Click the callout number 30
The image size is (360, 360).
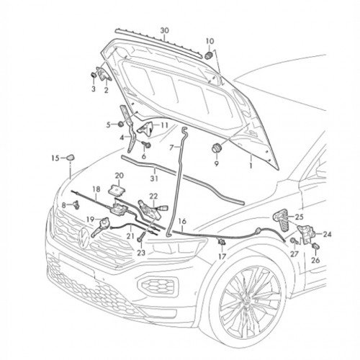click(x=164, y=31)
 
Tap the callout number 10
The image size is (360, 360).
click(x=210, y=41)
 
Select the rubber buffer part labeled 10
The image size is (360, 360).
click(x=209, y=55)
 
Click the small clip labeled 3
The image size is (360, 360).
click(x=94, y=74)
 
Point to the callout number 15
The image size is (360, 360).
click(x=55, y=158)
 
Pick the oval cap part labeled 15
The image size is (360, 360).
click(x=71, y=158)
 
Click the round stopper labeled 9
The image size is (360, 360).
click(x=217, y=148)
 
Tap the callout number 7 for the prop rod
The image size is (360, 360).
click(x=171, y=148)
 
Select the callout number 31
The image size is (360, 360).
click(x=154, y=179)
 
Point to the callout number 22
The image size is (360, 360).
click(x=153, y=196)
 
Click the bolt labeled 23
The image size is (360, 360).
click(x=140, y=239)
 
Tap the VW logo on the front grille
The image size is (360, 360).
click(x=84, y=237)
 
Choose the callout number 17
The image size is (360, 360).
click(x=222, y=256)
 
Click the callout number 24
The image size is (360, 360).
click(x=327, y=234)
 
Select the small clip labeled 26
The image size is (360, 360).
click(x=315, y=246)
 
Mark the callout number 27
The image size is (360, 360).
click(x=294, y=253)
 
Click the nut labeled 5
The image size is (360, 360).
click(x=121, y=124)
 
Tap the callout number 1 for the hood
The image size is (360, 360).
click(x=251, y=166)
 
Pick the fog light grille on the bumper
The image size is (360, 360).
click(x=158, y=284)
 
